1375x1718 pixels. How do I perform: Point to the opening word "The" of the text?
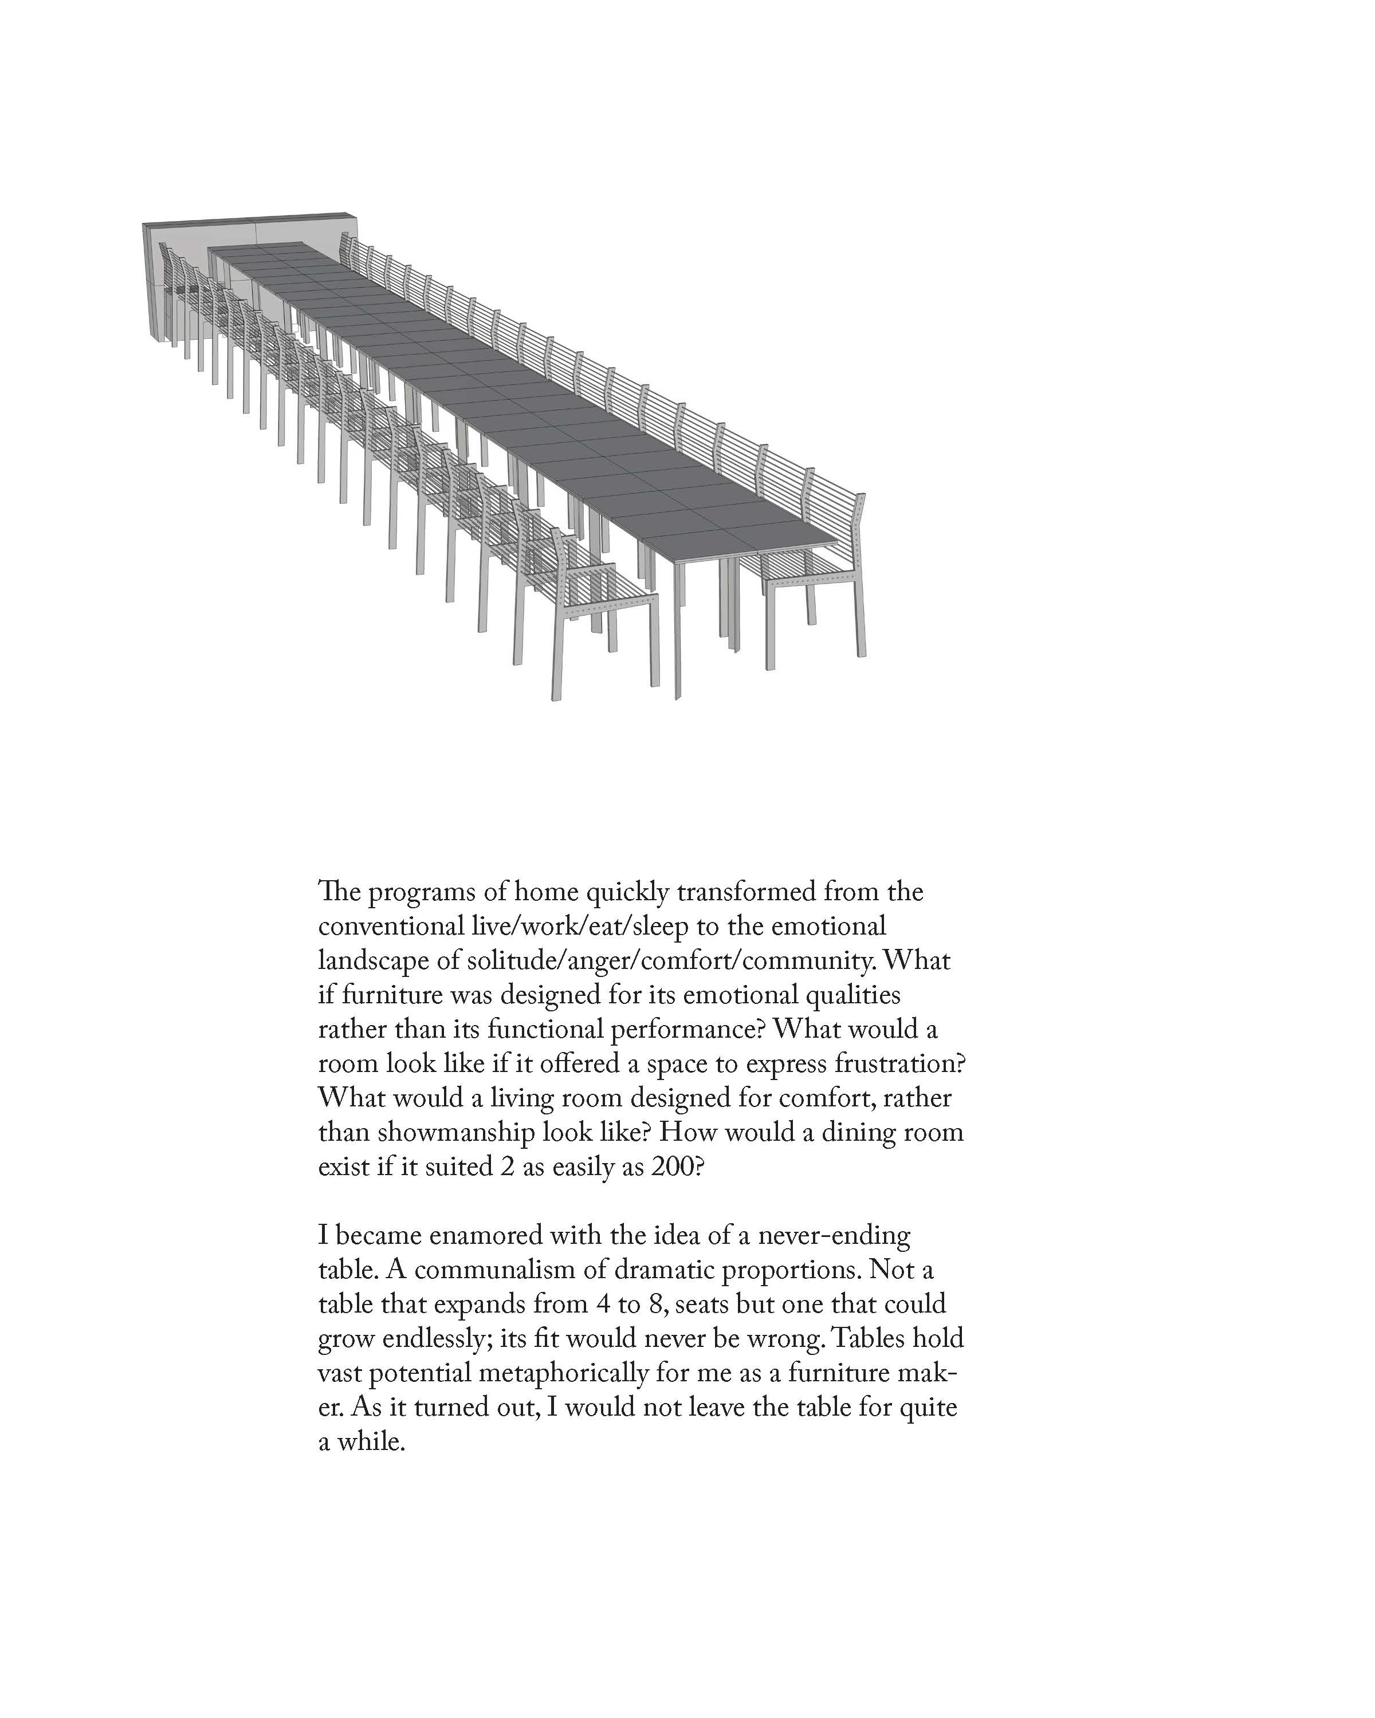[340, 892]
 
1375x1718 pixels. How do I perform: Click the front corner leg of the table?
[678, 629]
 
